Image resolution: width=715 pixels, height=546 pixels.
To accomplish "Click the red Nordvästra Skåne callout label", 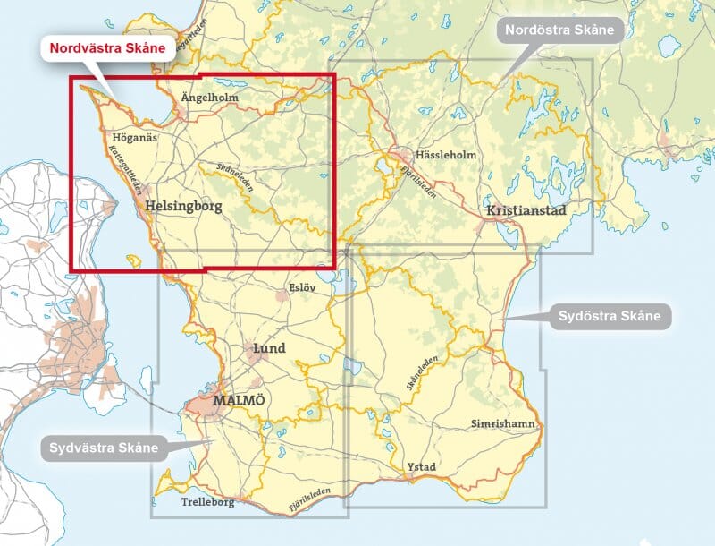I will click(x=108, y=47).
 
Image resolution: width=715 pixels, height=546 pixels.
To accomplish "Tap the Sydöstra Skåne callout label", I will click(x=609, y=316).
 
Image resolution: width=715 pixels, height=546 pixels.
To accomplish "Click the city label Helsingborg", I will click(x=182, y=205).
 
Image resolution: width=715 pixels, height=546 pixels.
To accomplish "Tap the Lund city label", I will click(x=270, y=348).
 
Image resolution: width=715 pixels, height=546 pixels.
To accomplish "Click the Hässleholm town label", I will click(x=447, y=155).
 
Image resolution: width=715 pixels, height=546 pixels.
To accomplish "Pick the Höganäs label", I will click(x=136, y=139).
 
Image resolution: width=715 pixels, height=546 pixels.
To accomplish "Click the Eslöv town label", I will click(x=304, y=289).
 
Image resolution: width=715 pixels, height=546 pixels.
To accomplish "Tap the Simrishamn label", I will click(x=500, y=425).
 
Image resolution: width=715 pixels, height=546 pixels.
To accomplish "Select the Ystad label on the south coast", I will click(x=420, y=466).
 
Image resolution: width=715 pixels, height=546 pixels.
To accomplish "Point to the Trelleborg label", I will click(x=207, y=502).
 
